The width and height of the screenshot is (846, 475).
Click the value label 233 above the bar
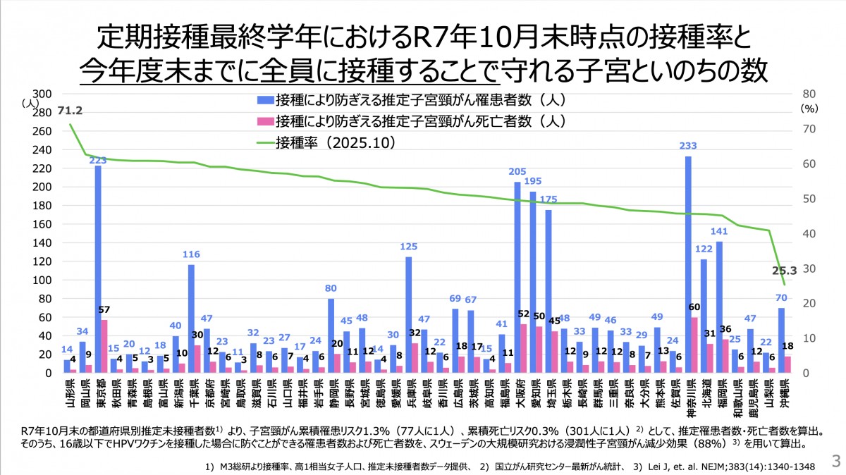coord(688,147)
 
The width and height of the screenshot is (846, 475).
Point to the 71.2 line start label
coord(70,111)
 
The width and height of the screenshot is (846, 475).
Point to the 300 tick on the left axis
coord(43,94)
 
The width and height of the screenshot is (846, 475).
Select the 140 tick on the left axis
coord(43,242)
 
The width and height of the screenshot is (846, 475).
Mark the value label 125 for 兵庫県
coord(409,247)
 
